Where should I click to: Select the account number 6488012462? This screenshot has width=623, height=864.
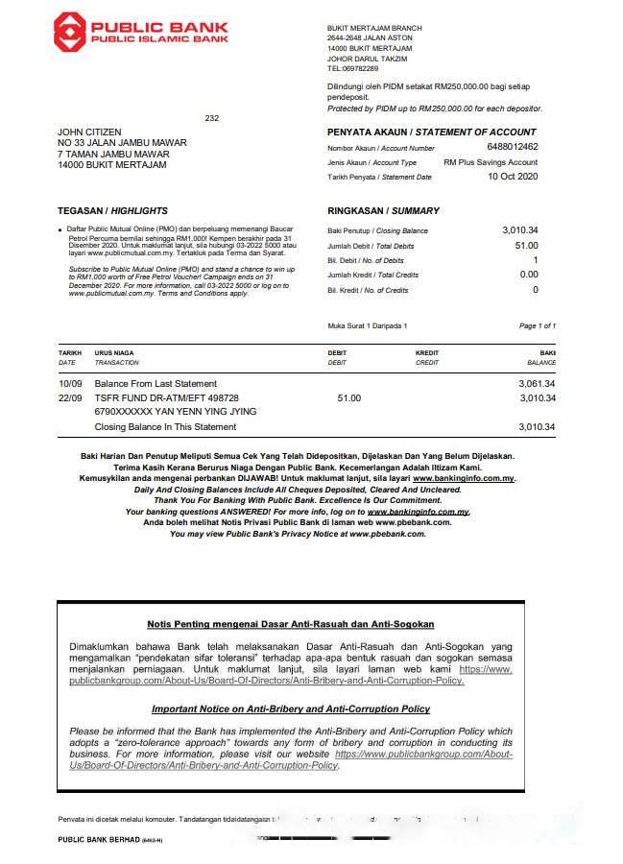[x=512, y=147]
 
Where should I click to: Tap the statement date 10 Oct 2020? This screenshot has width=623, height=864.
[x=513, y=177]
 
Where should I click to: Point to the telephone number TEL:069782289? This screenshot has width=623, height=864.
[x=352, y=69]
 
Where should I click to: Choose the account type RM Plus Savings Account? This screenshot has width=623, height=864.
[x=491, y=162]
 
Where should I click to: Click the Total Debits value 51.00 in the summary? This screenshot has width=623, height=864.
[x=526, y=246]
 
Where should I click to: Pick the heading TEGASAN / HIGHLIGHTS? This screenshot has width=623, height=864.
[x=112, y=210]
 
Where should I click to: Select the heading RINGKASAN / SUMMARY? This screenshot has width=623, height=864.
[x=383, y=210]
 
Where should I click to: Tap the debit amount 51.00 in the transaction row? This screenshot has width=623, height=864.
[x=349, y=397]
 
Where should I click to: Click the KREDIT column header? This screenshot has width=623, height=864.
[x=428, y=353]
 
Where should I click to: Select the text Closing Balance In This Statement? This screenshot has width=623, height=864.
[x=165, y=427]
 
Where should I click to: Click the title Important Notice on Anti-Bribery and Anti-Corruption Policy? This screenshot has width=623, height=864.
[x=290, y=708]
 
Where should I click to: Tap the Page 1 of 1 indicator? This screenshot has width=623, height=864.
[x=537, y=326]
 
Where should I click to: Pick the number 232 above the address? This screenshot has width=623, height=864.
[x=212, y=118]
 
